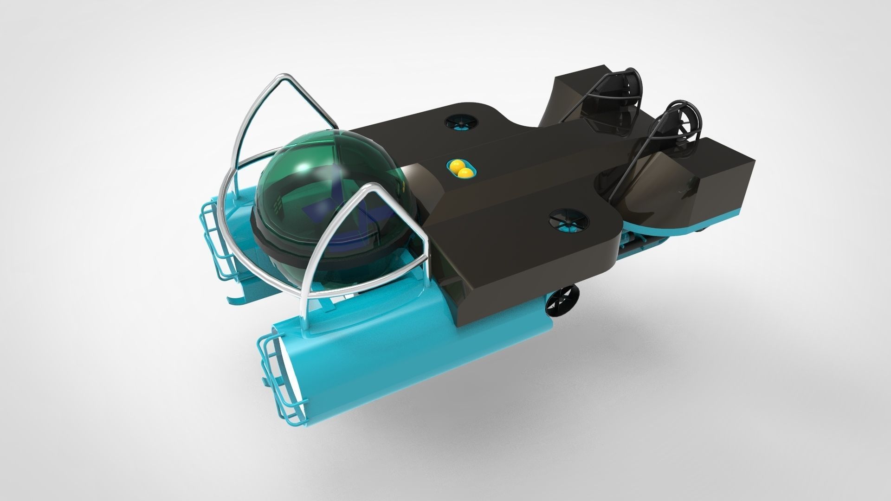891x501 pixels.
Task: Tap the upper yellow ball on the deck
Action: point(456,165)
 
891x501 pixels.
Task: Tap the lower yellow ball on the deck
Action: point(465,173)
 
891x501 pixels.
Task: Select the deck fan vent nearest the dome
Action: point(461,122)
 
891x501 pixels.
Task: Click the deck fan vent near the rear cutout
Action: point(568,221)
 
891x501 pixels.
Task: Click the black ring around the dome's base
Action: point(325,257)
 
